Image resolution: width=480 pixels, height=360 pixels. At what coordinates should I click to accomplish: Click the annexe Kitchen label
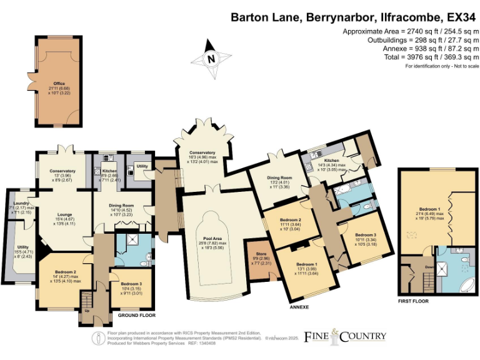tap(331, 161)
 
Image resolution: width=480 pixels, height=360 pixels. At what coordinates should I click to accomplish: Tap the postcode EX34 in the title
tap(458, 18)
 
